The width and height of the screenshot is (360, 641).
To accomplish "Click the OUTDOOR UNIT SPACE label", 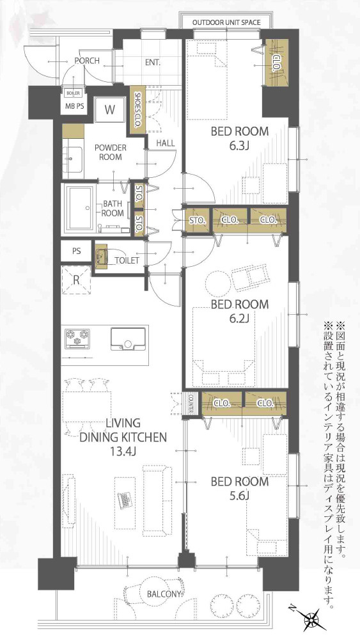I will coord(227,22).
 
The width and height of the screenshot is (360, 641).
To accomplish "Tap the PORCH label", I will coord(86,60).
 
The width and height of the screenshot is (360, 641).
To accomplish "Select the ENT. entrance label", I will coord(152,63).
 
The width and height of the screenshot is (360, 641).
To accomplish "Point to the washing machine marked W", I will coord(110,109).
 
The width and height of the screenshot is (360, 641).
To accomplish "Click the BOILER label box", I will coord(72,92).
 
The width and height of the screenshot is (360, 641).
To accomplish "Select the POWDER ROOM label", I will coord(110,152).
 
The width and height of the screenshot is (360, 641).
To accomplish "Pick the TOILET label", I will coord(127,260).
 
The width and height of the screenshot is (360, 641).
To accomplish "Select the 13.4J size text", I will coord(123,451).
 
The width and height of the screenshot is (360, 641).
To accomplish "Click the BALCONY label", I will coord(166,594).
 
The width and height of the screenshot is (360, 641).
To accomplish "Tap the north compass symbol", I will coord(313,619).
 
